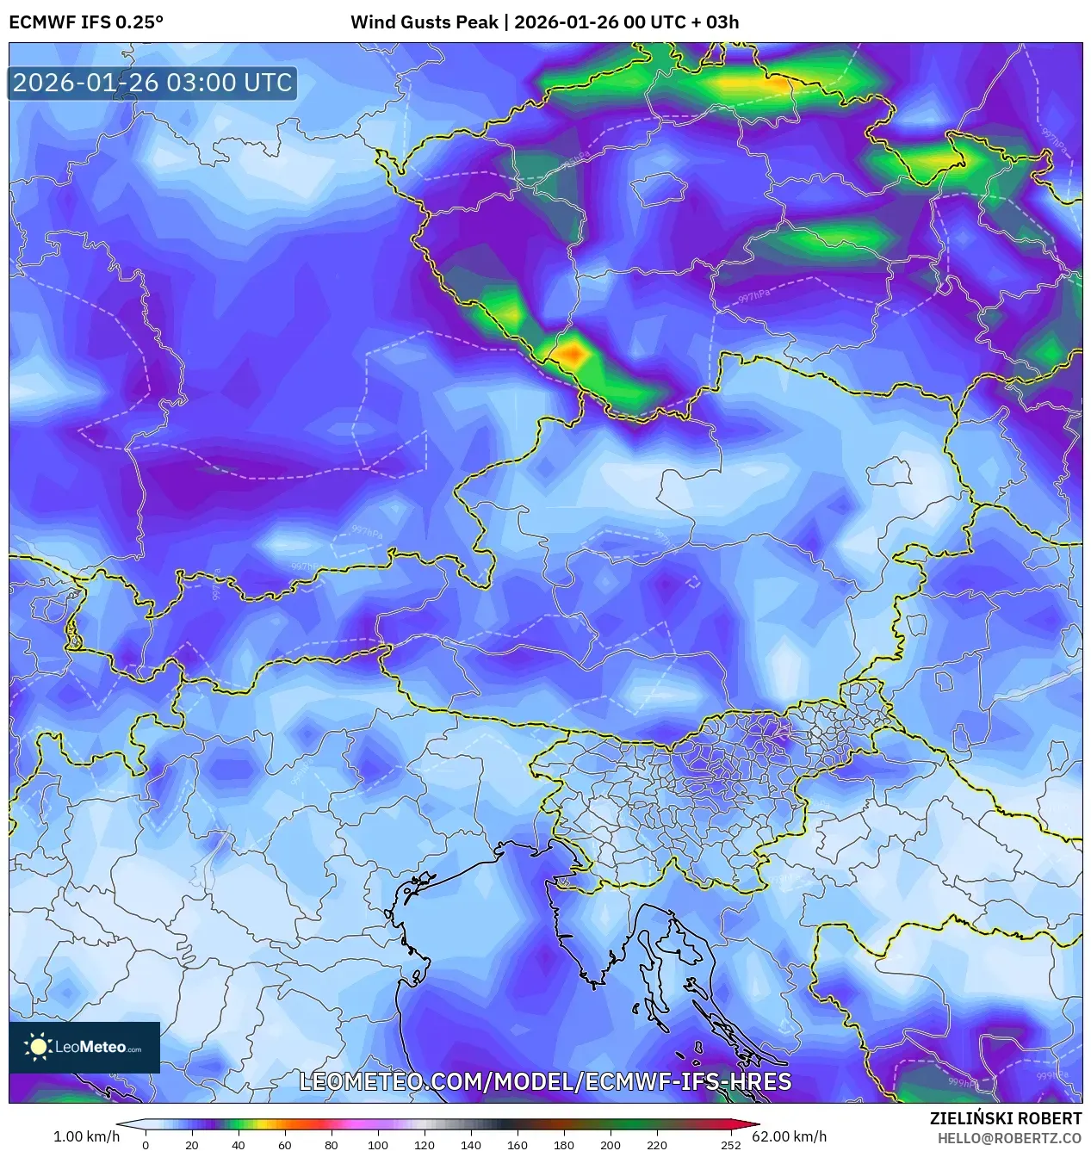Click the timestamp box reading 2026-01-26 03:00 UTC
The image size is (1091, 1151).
152,83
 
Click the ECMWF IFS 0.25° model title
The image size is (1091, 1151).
86,22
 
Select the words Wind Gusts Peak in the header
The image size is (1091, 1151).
424,22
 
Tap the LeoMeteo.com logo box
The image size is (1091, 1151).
84,1047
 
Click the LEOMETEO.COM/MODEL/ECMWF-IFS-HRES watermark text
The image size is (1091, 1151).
545,1081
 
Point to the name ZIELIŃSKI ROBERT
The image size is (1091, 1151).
1005,1118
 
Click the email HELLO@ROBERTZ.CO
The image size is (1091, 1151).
1009,1138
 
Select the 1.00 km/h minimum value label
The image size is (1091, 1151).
86,1136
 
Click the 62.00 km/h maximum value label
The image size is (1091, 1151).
789,1136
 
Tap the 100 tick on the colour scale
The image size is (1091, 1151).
377,1145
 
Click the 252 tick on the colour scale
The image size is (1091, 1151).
730,1145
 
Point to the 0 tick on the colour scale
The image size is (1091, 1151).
146,1145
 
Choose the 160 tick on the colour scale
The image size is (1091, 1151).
517,1145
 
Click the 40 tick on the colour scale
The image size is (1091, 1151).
238,1145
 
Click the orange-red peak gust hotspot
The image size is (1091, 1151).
570,353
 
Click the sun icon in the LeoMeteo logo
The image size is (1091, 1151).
38,1047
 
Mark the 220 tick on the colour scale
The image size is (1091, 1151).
656,1145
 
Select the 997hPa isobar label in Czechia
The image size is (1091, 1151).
753,296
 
